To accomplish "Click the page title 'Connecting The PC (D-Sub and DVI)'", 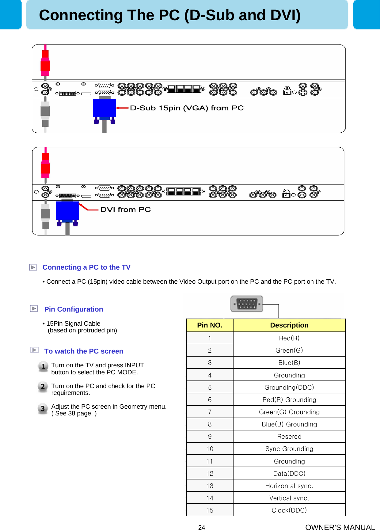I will coord(169,15).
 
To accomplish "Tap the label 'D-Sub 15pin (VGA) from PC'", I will coord(187,108).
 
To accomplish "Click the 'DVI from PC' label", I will coord(125,210).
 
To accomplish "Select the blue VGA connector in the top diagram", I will coord(104,108).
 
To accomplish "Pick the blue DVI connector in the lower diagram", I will coord(67,210).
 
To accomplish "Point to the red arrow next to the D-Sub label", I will coord(122,108).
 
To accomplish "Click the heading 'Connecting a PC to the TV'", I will coord(86,267).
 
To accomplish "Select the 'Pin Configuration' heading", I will coord(74,309).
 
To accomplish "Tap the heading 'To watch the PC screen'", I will coord(84,351).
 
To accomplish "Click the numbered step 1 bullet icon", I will coord(43,366).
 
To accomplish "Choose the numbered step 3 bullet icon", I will coord(43,409).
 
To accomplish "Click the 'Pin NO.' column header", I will coord(210,325).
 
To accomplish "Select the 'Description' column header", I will coord(289,325).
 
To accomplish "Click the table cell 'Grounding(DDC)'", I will coord(289,388).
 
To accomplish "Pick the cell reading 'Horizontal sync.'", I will coord(289,486).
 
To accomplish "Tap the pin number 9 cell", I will coord(210,437).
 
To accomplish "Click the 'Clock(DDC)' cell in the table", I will coord(289,510).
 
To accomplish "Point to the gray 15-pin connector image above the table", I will coord(247,304).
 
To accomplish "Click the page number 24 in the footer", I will coord(201,527).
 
